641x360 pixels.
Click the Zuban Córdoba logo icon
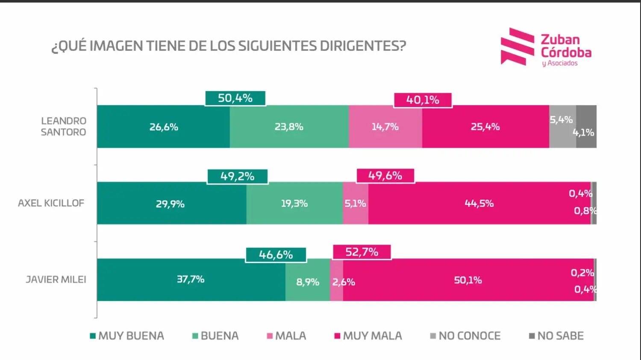coord(517,47)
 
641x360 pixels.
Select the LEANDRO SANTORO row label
coord(63,126)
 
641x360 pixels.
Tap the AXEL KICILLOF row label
coord(51,203)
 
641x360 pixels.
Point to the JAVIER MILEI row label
coord(56,279)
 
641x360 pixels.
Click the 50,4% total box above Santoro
coord(235,98)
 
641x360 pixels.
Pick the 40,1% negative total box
coord(423,100)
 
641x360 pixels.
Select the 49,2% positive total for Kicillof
coord(237,176)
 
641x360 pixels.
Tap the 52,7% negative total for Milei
coord(362,252)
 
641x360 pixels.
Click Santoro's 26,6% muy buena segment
coord(163,127)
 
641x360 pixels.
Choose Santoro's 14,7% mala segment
coord(385,127)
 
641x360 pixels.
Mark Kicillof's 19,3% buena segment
coord(294,203)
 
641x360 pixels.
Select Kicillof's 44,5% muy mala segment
coord(479,203)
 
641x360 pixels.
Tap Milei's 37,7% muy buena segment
coord(191,279)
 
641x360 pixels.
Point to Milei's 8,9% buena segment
coord(307,282)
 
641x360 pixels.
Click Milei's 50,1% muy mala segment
coord(468,280)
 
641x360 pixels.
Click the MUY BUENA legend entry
coord(127,336)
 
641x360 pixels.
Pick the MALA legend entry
coord(286,336)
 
